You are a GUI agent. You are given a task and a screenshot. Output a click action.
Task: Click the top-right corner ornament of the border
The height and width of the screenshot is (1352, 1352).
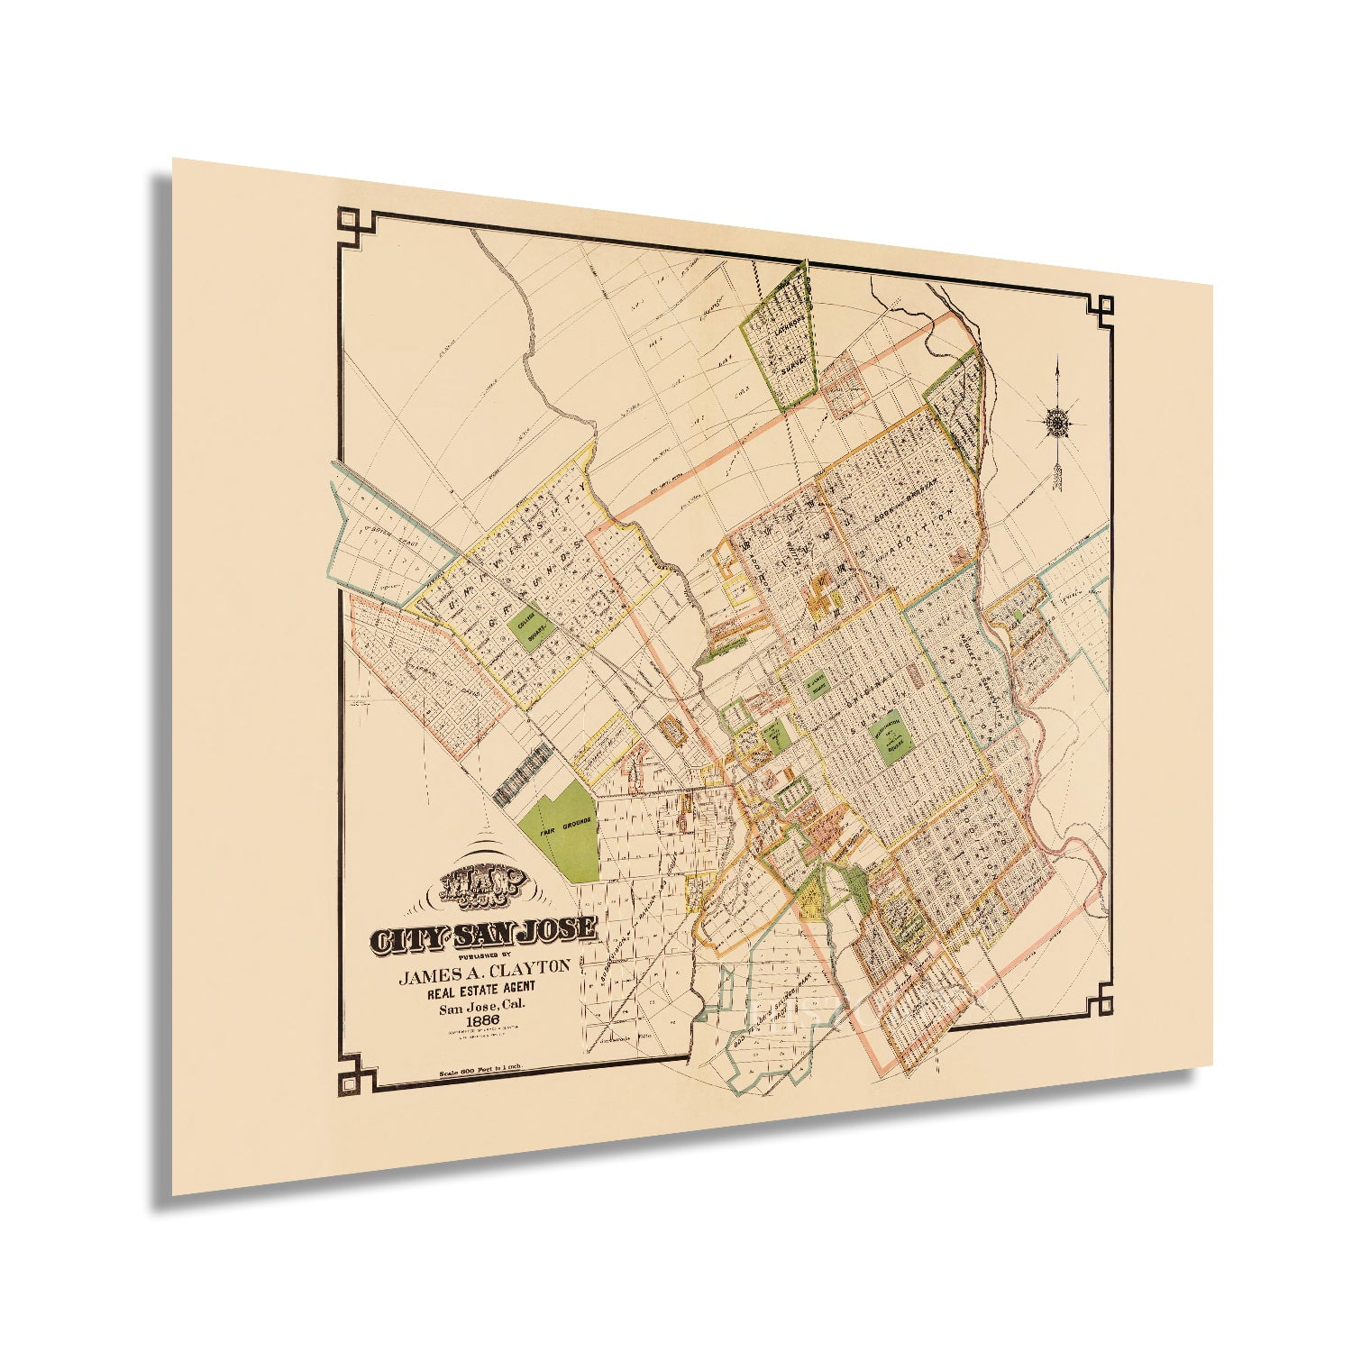(x=1101, y=308)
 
